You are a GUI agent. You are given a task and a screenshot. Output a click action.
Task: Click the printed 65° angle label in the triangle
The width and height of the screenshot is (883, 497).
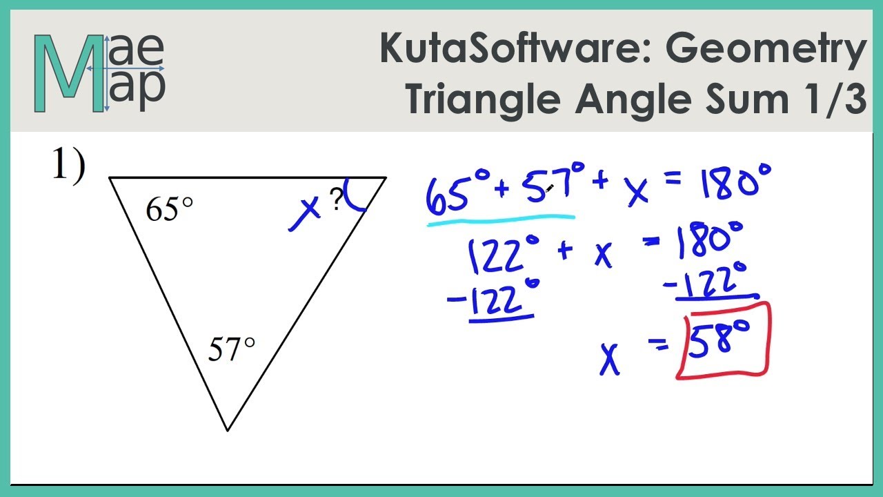click(169, 209)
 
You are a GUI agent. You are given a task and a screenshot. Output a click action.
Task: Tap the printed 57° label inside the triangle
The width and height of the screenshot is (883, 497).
click(232, 350)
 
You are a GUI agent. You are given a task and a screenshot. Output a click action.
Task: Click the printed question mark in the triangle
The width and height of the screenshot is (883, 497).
click(336, 200)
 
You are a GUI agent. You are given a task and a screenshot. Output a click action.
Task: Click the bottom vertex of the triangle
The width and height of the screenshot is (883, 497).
click(228, 430)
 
